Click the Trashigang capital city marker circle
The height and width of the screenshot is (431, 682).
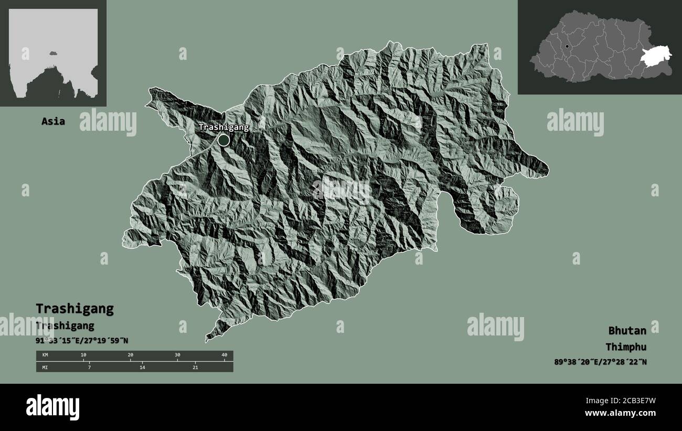223,140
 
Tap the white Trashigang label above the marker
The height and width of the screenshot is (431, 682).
223,127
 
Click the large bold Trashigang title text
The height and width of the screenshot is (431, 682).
74,308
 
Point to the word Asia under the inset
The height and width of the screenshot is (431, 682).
54,121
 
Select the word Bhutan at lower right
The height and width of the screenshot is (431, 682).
627,330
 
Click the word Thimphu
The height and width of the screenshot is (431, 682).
625,346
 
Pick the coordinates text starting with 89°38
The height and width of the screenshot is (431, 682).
600,362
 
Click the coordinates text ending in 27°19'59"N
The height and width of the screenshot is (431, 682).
82,341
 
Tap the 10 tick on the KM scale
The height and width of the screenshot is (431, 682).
83,355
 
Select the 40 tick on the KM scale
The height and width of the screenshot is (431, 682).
225,355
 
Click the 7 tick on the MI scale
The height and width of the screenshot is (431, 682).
89,367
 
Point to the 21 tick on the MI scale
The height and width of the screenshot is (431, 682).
195,367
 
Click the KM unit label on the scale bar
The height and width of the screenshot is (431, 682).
45,355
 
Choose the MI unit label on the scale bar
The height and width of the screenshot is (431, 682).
45,367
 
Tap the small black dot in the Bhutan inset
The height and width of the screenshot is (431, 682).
567,47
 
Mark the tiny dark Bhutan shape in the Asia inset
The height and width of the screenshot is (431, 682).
53,52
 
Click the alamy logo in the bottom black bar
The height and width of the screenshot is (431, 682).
53,407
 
